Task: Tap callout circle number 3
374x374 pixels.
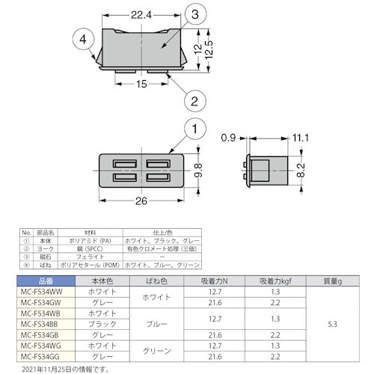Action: click(194, 14)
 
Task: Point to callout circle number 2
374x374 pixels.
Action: click(192, 99)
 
